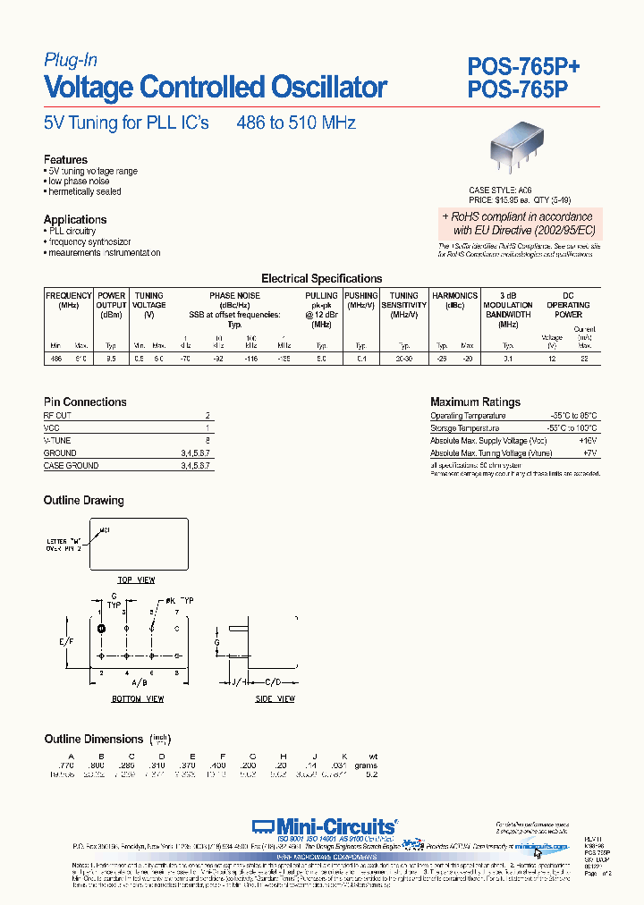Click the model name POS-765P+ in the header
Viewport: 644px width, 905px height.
[x=524, y=65]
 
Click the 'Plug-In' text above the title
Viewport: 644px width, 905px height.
[x=71, y=60]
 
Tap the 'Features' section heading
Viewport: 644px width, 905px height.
[x=65, y=160]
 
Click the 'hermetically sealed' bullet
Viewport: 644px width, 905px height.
[x=84, y=191]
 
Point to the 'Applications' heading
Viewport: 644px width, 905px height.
[x=75, y=219]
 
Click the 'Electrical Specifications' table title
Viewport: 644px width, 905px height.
[x=321, y=278]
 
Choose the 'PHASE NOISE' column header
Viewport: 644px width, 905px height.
[x=234, y=296]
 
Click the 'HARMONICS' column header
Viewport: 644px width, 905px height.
[x=454, y=296]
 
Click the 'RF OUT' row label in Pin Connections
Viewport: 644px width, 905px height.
[x=57, y=416]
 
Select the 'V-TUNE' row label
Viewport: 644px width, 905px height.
[x=57, y=441]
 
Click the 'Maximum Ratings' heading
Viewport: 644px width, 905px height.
[x=475, y=402]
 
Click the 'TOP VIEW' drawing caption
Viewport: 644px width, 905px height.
[x=138, y=580]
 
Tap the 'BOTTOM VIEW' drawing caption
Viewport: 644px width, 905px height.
[x=138, y=698]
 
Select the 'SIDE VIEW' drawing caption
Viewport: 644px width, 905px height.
[x=275, y=698]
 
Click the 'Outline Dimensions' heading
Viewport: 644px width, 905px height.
[x=94, y=739]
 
